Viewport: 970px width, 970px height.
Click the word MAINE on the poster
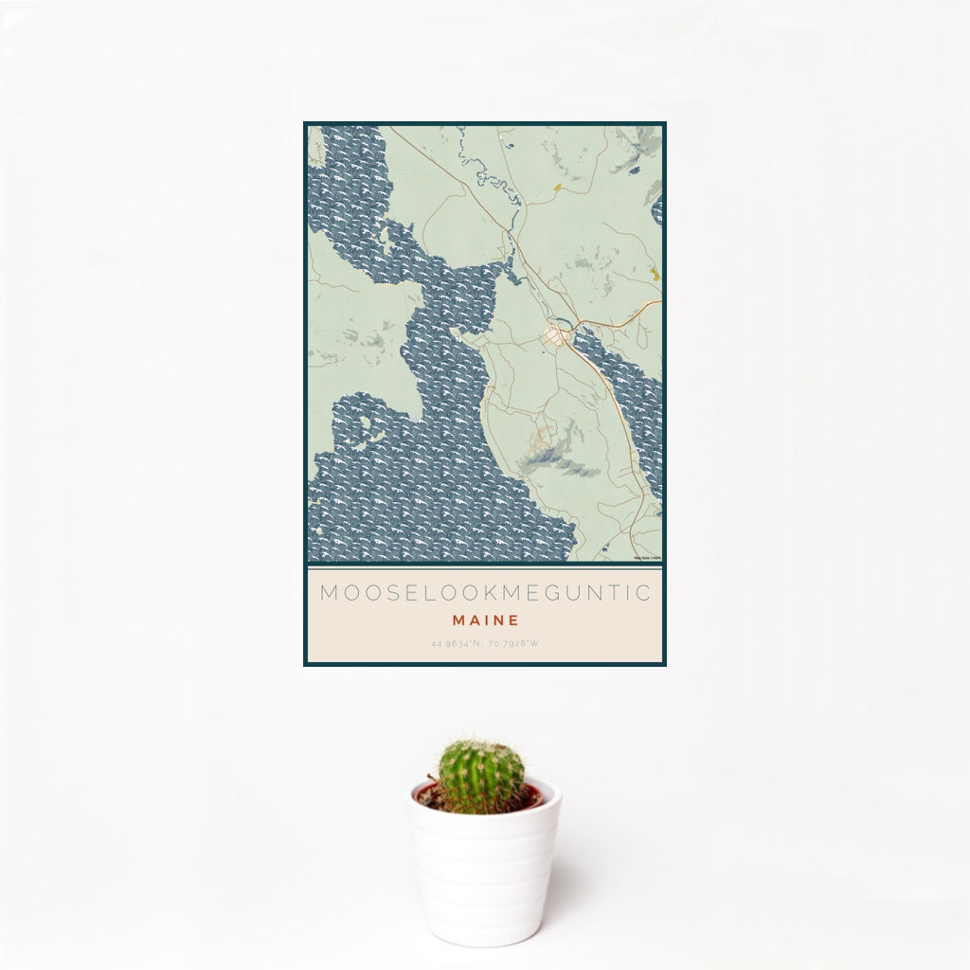point(485,620)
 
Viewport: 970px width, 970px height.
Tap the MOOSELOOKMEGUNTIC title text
point(485,594)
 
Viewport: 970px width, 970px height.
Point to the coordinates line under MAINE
point(485,644)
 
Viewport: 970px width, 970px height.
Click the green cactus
point(480,777)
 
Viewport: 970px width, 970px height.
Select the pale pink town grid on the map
point(554,337)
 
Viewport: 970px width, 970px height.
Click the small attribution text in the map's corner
point(648,557)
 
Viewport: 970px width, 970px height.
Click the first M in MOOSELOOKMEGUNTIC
point(328,594)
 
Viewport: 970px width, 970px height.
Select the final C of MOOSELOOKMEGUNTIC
point(643,594)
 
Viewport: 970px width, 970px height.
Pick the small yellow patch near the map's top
point(557,188)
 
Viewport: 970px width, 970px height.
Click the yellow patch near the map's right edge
point(654,275)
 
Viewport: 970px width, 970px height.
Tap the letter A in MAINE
point(471,620)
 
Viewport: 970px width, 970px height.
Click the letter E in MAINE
point(513,620)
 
